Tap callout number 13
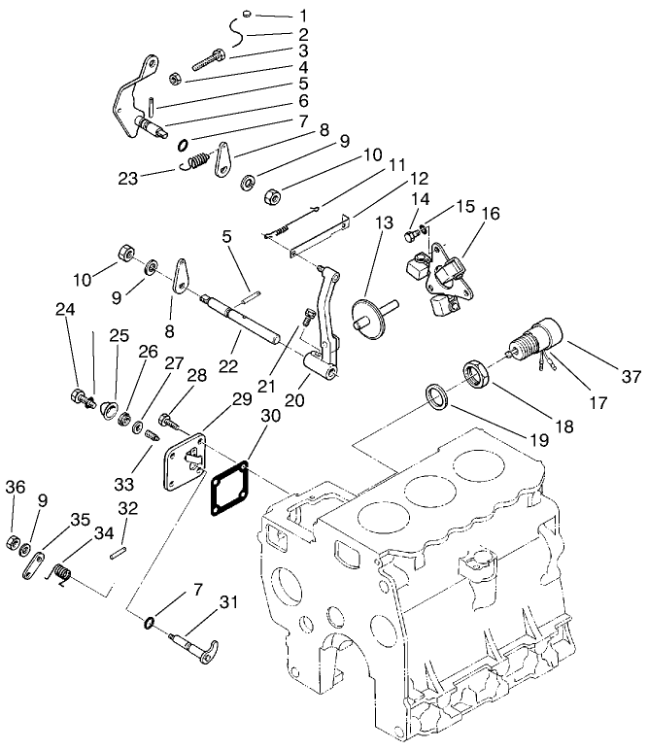click(383, 223)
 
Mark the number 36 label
click(16, 487)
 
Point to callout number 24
click(66, 311)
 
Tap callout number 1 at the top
click(303, 17)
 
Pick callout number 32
click(128, 507)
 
